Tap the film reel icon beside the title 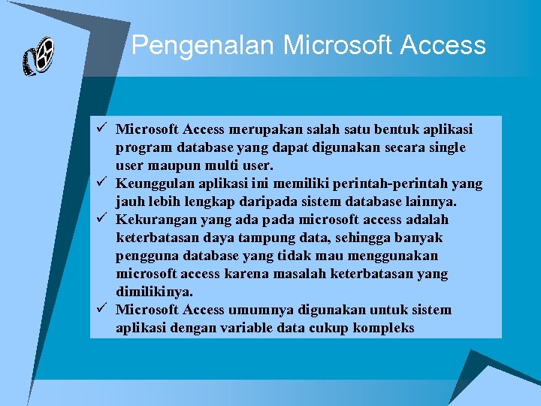coord(38,56)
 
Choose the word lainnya coord(423,201)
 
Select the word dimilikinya coord(154,292)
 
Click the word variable coord(252,328)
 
